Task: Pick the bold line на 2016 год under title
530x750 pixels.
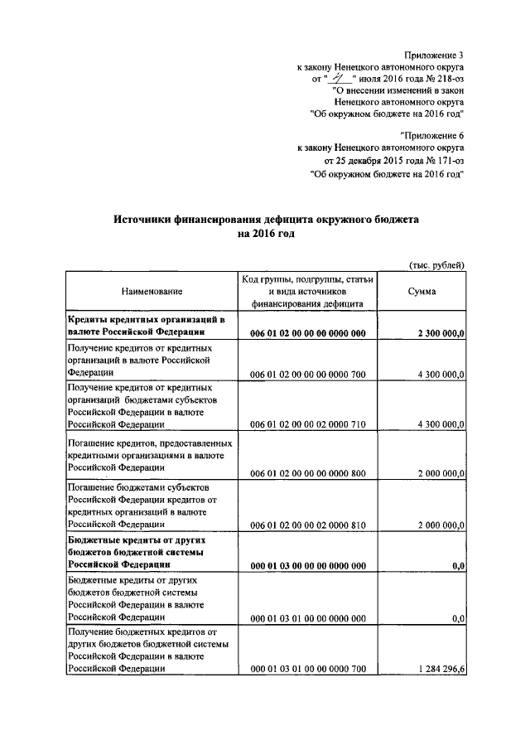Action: [x=265, y=235]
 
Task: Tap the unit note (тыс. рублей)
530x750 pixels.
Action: [x=436, y=264]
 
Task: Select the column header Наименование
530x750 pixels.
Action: [x=152, y=292]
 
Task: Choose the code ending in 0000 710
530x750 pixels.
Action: [x=307, y=424]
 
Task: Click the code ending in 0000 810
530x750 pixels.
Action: [x=307, y=525]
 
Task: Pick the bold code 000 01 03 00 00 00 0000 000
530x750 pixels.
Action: [x=307, y=566]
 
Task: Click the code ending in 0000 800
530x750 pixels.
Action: [x=307, y=474]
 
